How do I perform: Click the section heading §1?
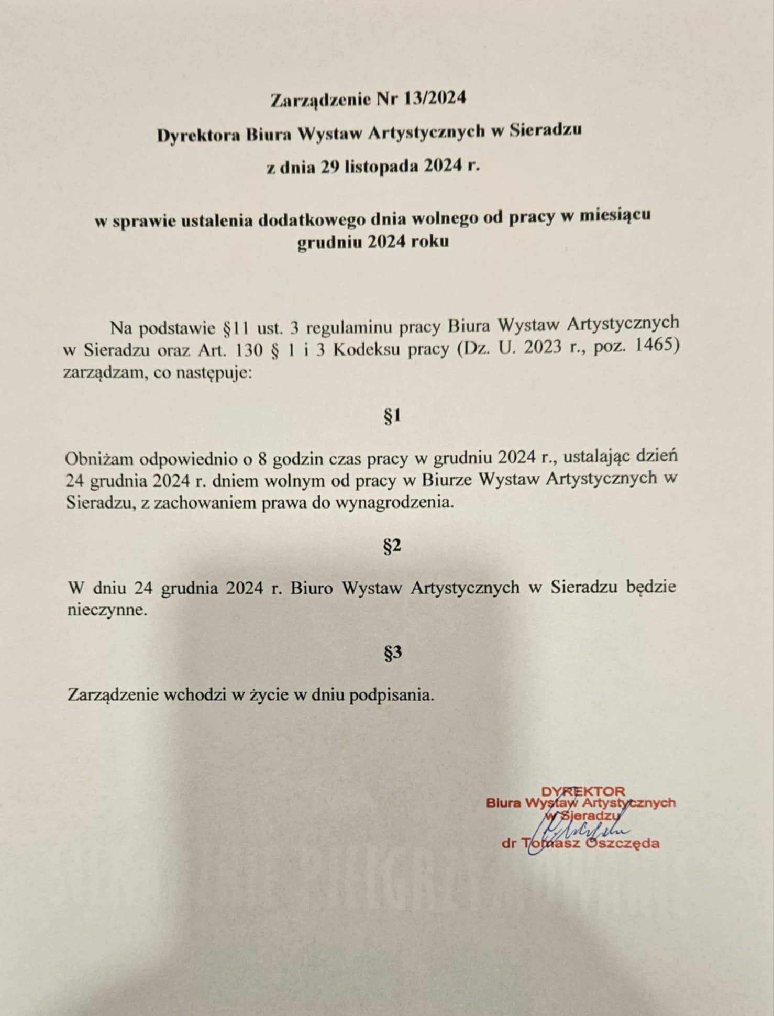pos(392,416)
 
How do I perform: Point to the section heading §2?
pos(392,546)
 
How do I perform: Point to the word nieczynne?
pos(105,610)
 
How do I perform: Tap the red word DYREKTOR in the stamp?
pos(583,791)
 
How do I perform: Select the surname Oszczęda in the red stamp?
pos(626,843)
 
